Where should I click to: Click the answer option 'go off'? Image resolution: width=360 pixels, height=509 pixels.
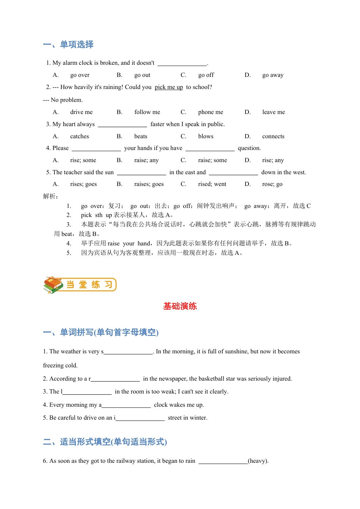coord(206,75)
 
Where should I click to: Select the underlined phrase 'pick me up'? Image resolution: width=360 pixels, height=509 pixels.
coord(169,87)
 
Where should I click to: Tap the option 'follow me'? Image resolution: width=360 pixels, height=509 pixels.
coord(147,112)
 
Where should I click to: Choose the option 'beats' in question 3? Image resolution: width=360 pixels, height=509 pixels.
coord(141,136)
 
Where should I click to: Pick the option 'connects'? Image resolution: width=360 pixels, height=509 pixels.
coord(273,136)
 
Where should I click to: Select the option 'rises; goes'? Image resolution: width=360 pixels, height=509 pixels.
coord(83,184)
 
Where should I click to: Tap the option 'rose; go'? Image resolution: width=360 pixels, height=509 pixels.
coord(272,184)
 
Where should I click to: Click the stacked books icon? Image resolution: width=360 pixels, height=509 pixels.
coord(53,285)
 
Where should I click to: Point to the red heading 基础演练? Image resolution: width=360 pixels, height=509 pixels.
coord(180,306)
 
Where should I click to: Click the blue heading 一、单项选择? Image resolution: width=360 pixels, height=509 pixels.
coord(68,45)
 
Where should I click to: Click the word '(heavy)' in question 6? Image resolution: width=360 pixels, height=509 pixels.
coord(258,461)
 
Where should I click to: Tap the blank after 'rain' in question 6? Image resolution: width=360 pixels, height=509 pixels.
coord(223,461)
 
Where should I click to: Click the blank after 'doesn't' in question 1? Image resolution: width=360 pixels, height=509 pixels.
coord(182,63)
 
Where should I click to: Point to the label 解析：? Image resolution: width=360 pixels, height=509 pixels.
coord(51,196)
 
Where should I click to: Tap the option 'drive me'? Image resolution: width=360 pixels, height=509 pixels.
coord(81,112)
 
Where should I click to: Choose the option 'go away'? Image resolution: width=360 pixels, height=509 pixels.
coord(272,75)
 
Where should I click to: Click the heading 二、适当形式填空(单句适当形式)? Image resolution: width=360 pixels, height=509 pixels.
coord(105,442)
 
